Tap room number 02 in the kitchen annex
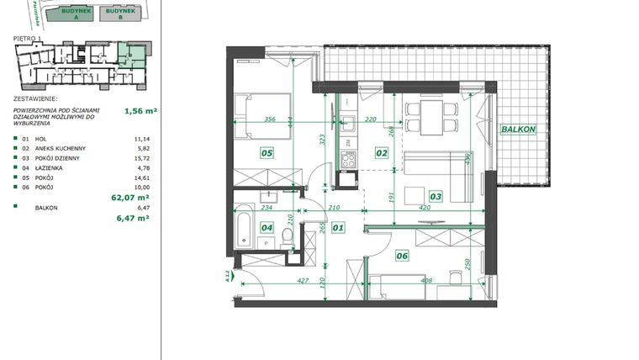381,153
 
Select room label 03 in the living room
436,197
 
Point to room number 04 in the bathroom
267,226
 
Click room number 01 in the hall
338,226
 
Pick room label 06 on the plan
402,256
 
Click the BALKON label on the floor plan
519,130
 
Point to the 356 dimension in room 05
270,119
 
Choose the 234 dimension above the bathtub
267,208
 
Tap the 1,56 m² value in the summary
140,109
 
